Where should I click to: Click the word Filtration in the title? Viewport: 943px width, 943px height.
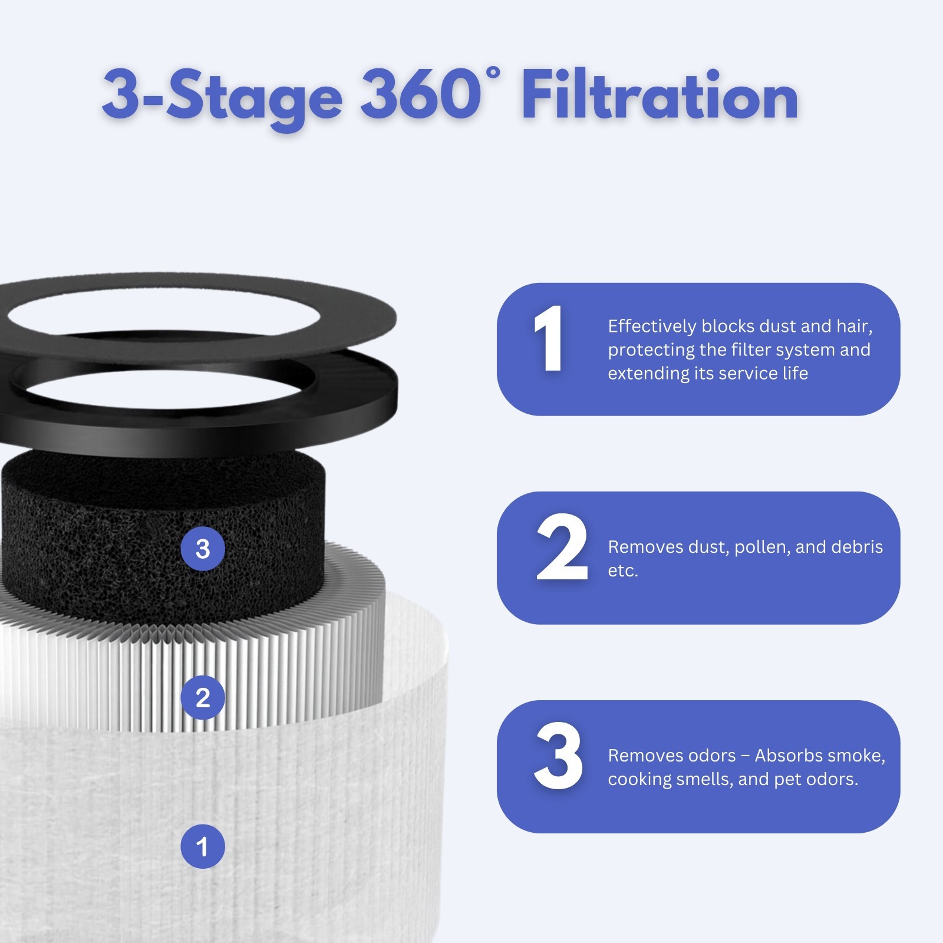(660, 95)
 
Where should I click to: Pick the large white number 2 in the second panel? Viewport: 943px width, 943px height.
(562, 548)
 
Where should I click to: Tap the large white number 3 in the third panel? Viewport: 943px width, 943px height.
(558, 756)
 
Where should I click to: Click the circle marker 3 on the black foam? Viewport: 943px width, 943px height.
(202, 549)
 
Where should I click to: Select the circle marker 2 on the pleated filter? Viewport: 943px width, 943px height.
(202, 698)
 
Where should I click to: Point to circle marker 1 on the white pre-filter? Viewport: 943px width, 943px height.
(202, 846)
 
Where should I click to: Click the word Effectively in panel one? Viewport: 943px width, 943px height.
(652, 326)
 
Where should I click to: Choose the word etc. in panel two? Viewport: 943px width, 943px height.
(623, 571)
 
